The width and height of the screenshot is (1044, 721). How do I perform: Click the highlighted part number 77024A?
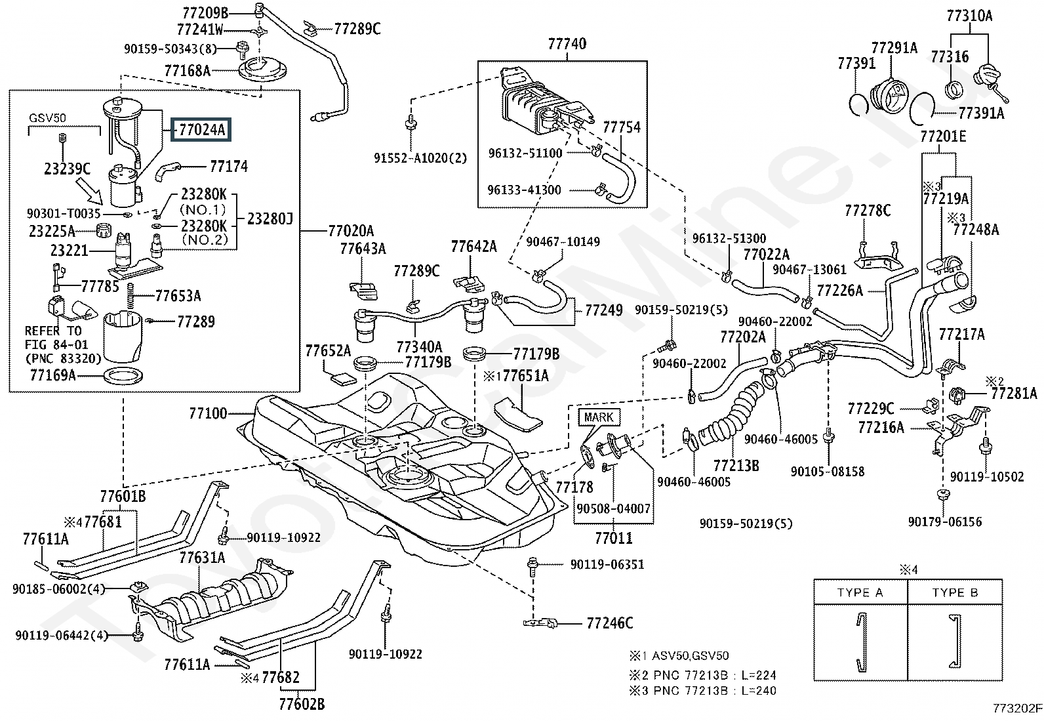tap(201, 129)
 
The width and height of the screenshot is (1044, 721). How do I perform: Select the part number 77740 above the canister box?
tap(567, 44)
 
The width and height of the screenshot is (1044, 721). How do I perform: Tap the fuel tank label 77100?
tap(208, 413)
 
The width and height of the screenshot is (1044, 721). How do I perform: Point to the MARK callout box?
tap(599, 417)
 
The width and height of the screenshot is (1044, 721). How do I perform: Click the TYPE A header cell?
tap(860, 592)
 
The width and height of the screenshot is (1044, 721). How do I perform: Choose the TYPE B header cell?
tap(955, 592)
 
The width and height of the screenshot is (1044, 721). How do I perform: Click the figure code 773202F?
tap(1016, 709)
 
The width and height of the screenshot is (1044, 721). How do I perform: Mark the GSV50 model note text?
tap(47, 118)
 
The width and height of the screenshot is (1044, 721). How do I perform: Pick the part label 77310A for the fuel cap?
tap(969, 16)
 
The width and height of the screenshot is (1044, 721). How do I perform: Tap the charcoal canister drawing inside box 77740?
tap(546, 102)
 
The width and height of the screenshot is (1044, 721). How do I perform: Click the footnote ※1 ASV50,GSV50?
tap(679, 655)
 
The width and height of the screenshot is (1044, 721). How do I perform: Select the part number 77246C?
tap(610, 623)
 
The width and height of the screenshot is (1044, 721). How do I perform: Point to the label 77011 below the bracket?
tap(613, 538)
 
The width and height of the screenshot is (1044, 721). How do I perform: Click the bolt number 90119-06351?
tap(607, 565)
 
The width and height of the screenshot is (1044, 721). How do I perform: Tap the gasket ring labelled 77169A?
tap(123, 376)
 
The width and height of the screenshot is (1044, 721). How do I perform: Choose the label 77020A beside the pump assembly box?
tap(351, 231)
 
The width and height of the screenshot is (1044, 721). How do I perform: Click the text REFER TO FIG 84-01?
tap(56, 338)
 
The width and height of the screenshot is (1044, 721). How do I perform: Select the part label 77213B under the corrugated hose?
tap(736, 465)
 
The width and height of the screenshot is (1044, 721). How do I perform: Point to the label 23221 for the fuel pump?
tap(69, 251)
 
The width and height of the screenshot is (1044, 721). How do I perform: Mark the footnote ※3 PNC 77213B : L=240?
tap(703, 691)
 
